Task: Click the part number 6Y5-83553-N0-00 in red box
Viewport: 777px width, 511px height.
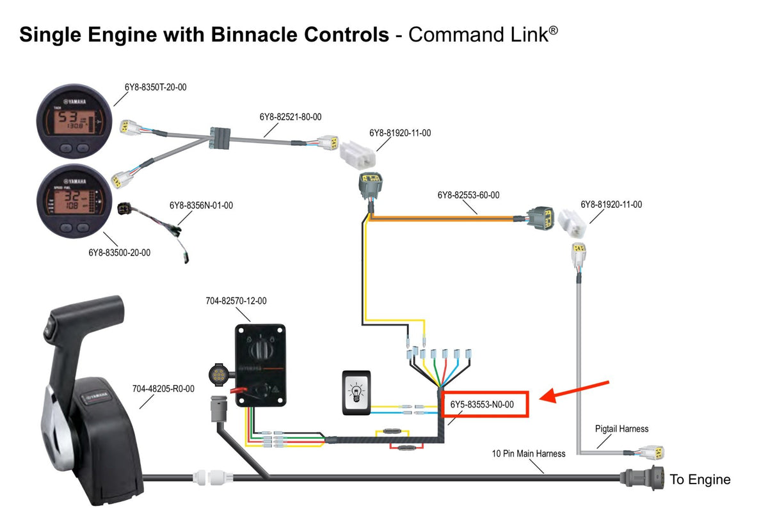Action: point(486,404)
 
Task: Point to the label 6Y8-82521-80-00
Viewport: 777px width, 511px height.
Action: point(290,117)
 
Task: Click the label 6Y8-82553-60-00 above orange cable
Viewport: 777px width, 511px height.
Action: point(469,194)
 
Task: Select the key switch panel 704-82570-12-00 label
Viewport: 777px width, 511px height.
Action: point(236,301)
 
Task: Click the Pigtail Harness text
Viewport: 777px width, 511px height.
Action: point(621,428)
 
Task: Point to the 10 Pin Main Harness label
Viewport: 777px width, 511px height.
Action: point(529,453)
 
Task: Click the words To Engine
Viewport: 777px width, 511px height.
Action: point(700,480)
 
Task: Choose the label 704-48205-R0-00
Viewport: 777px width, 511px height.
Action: point(163,388)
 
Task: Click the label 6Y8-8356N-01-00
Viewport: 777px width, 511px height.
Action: point(201,206)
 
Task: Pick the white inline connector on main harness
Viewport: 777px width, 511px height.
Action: point(211,476)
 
